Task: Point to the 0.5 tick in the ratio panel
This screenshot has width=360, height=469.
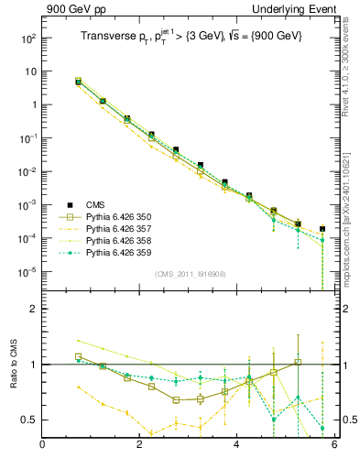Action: pyautogui.click(x=28, y=420)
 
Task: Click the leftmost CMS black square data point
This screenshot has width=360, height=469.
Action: pyautogui.click(x=79, y=82)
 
